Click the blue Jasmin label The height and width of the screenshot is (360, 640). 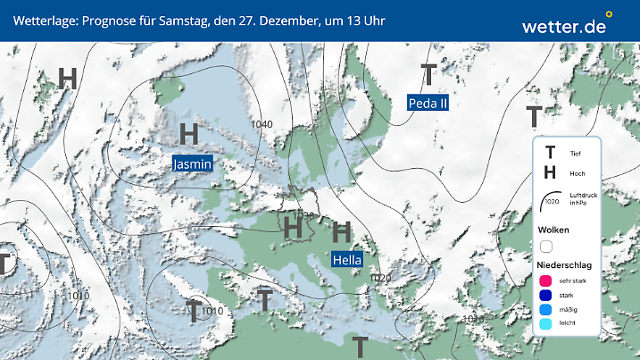tap(193, 163)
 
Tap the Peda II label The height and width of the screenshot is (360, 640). tap(428, 103)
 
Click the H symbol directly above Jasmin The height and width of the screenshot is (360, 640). tap(188, 135)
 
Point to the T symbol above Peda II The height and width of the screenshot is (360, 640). tap(428, 74)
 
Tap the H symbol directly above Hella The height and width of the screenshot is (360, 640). tap(341, 233)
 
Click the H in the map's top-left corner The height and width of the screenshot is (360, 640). tap(68, 78)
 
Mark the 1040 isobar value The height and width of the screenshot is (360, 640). tap(262, 124)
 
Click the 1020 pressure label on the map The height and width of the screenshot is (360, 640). tap(379, 279)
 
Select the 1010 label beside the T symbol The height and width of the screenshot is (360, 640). tap(212, 311)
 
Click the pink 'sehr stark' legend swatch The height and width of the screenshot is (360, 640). tap(546, 280)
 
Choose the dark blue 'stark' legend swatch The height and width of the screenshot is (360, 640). tap(546, 295)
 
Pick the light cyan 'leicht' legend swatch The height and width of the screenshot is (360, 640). tap(546, 324)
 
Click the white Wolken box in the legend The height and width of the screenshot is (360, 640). tap(546, 246)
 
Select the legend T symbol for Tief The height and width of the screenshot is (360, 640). tap(550, 154)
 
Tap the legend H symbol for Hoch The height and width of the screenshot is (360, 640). tap(550, 173)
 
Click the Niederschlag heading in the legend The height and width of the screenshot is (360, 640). tap(565, 265)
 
